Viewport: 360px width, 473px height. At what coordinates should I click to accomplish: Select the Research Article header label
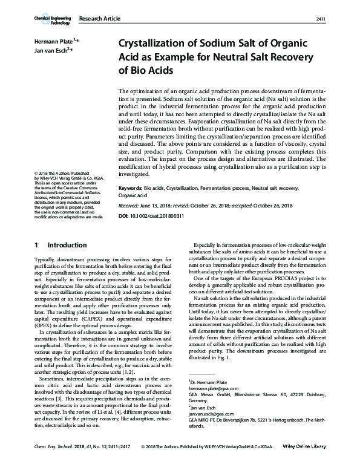tap(100, 20)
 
